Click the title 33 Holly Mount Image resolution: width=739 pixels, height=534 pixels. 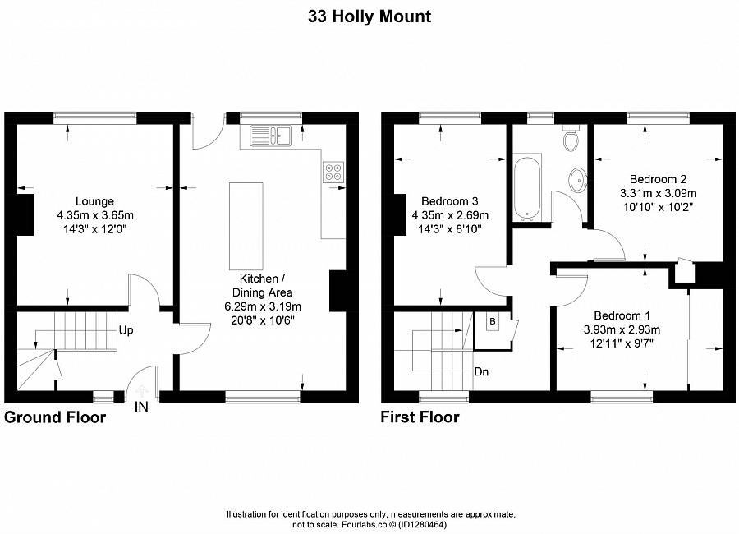(x=369, y=16)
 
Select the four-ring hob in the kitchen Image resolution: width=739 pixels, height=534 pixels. (x=334, y=173)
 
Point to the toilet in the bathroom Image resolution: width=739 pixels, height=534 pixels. (x=571, y=139)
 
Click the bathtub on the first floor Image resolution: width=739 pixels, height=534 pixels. (x=526, y=188)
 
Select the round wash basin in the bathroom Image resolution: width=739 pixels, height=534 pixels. (x=578, y=178)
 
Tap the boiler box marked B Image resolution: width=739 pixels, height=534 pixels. (x=492, y=321)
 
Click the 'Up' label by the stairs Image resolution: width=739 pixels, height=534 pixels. (x=126, y=330)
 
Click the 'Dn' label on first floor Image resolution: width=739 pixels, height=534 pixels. (x=483, y=371)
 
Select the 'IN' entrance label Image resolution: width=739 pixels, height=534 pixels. (x=141, y=407)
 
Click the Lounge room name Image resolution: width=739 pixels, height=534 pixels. (x=94, y=201)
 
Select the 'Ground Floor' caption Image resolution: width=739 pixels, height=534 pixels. (x=55, y=417)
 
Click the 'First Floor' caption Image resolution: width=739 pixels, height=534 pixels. (x=420, y=417)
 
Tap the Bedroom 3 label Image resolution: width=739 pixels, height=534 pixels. (x=449, y=201)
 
